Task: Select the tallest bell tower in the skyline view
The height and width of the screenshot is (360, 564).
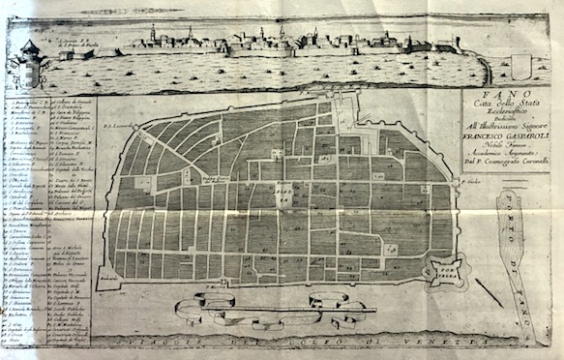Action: [x=153, y=34]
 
